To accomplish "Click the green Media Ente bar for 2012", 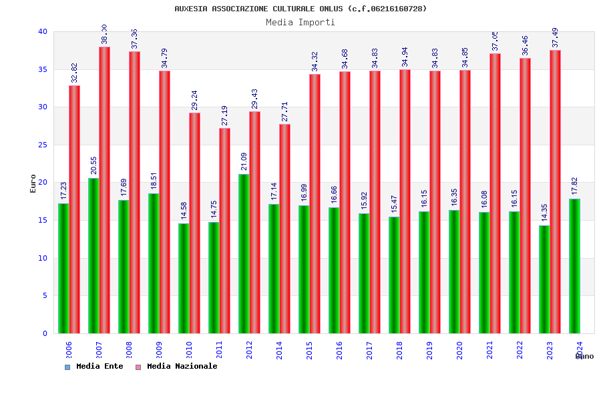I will click(x=244, y=253).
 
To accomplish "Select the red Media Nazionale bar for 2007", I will click(x=104, y=190).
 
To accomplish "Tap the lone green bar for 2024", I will click(x=574, y=266).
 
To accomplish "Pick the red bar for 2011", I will click(x=224, y=231).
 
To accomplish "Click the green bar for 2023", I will click(x=544, y=279).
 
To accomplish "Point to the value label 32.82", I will click(x=75, y=73).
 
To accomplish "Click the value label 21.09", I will click(x=244, y=163).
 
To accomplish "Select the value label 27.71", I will click(x=285, y=112).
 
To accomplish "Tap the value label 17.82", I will click(x=574, y=187).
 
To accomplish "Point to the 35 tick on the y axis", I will click(x=42, y=69).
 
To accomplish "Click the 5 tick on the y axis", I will click(x=45, y=295).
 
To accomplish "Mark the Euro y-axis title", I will click(x=33, y=183).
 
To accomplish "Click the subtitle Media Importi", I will click(x=300, y=22).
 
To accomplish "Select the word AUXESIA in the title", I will click(x=190, y=9).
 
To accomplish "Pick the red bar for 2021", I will click(x=495, y=193).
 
